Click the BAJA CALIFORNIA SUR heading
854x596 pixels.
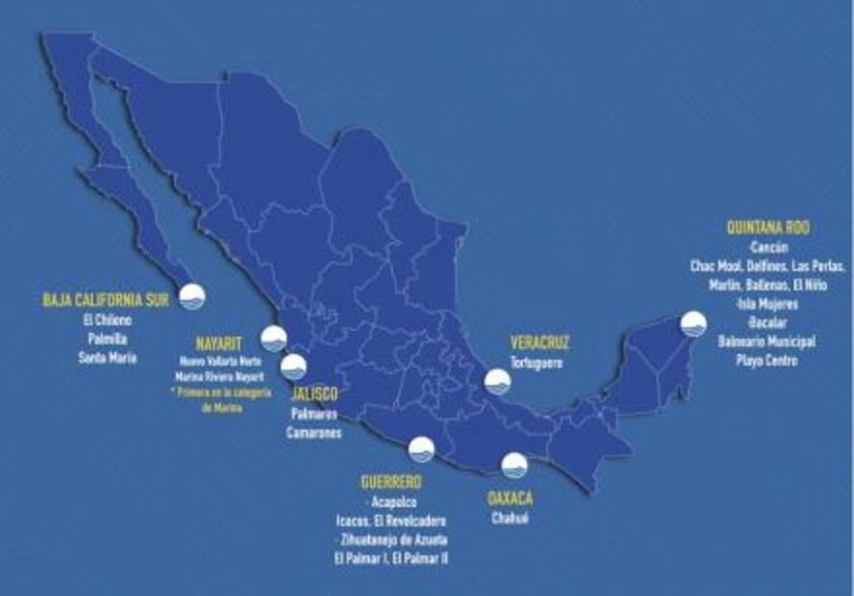[x=106, y=300]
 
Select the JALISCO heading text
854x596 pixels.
[x=314, y=395]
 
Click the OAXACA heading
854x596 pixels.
[x=510, y=498]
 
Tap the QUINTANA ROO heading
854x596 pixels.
[x=767, y=229]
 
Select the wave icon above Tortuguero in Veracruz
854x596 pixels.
[x=497, y=382]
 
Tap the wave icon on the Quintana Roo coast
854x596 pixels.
[x=693, y=324]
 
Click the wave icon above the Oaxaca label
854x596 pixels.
[x=515, y=465]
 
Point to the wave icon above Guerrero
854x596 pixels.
[x=421, y=449]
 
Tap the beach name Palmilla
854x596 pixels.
[x=108, y=339]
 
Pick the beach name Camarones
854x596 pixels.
[x=314, y=434]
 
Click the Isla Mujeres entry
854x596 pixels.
[x=766, y=304]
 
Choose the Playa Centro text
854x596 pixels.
[x=766, y=360]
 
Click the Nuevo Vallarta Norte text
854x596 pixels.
[x=221, y=361]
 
